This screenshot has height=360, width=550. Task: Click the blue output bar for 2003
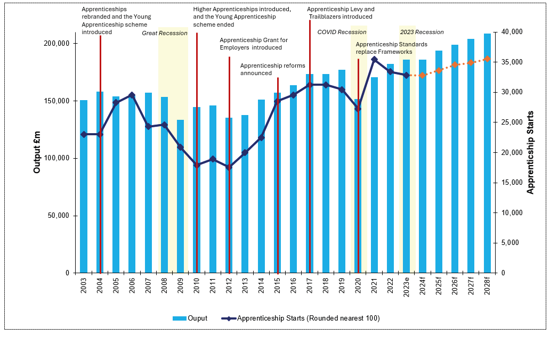click(84, 186)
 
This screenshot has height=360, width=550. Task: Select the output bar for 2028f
click(487, 153)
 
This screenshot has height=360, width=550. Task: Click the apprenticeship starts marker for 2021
click(374, 60)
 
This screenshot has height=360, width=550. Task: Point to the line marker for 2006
click(132, 95)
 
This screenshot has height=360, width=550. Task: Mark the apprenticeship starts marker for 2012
click(229, 167)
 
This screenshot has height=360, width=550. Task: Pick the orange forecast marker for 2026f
click(455, 65)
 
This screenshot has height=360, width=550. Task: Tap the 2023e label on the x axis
click(407, 287)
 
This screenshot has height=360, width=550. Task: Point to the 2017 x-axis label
click(310, 285)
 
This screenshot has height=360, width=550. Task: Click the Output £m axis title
click(37, 152)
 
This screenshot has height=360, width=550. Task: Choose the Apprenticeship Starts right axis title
click(530, 152)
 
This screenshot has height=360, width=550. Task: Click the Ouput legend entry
click(190, 318)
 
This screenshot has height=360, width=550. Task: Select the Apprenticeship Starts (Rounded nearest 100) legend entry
click(301, 318)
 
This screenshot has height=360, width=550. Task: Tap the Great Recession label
click(165, 34)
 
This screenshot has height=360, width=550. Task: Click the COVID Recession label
click(342, 32)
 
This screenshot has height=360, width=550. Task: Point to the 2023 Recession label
click(422, 32)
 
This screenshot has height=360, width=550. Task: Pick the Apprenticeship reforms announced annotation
click(272, 69)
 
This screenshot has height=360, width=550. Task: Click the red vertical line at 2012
click(229, 165)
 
